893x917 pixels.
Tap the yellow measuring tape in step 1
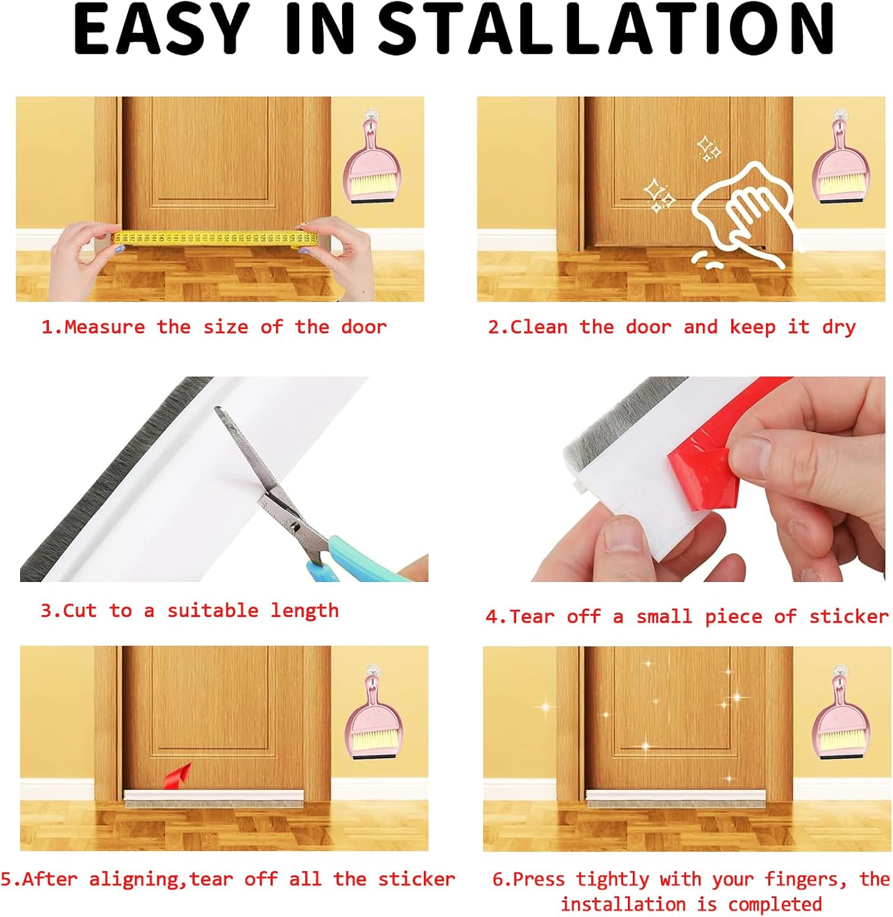coord(214,239)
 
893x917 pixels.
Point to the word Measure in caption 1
coord(104,327)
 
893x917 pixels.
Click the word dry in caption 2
coord(838,327)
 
